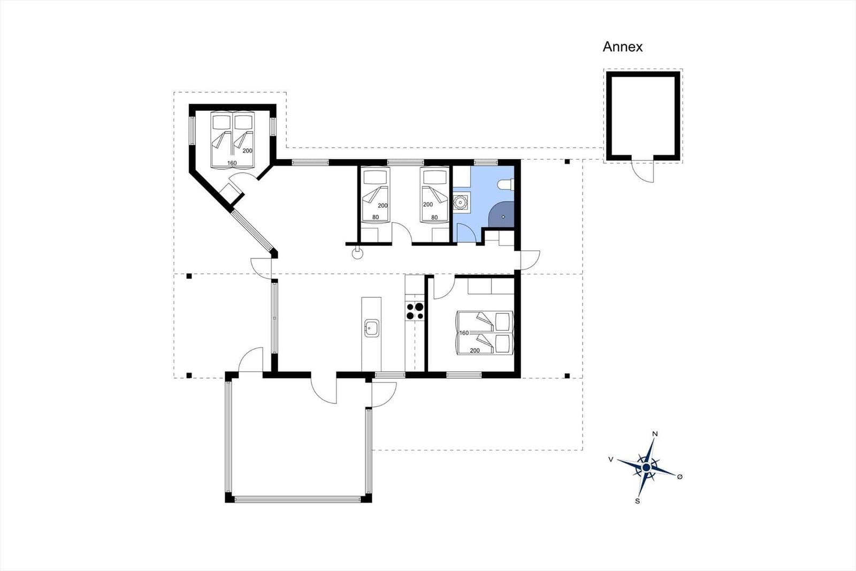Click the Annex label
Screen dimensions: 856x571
(x=623, y=47)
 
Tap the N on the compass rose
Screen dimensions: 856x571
(x=655, y=434)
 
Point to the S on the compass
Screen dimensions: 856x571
(x=637, y=501)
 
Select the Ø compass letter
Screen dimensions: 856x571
(x=680, y=477)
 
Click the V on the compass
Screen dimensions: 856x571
(x=611, y=460)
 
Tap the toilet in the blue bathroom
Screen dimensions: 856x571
(x=506, y=185)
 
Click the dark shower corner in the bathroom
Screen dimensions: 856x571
(x=501, y=215)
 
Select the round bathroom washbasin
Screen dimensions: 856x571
(x=461, y=201)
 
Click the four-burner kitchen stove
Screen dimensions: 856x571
(x=415, y=311)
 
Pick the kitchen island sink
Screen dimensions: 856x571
(x=371, y=328)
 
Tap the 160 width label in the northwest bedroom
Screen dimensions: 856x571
(x=232, y=163)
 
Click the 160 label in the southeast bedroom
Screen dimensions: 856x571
(x=464, y=333)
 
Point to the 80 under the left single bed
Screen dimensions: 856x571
(x=376, y=217)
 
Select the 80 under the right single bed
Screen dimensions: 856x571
(x=434, y=217)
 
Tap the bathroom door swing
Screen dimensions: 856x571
(x=465, y=234)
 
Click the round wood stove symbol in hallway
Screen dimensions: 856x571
(x=357, y=253)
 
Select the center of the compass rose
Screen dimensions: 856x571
(x=646, y=467)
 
